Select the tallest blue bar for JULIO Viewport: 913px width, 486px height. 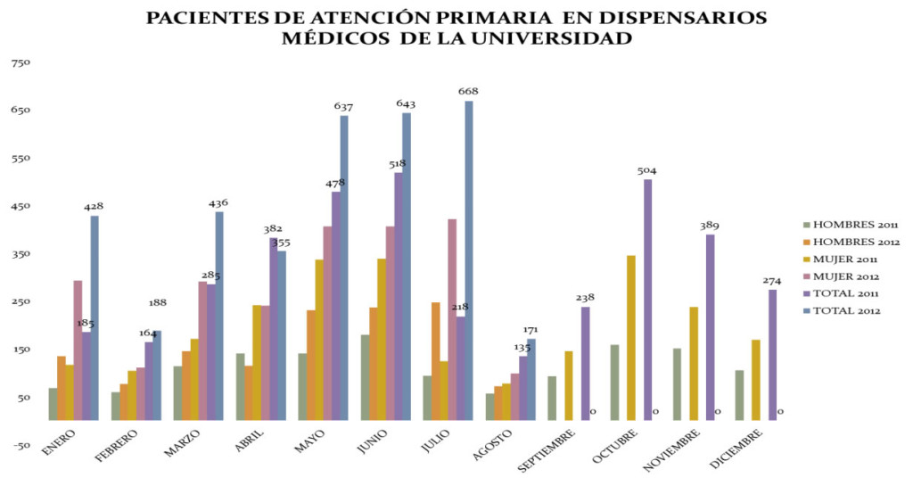coord(469,259)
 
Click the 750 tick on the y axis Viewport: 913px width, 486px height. coord(21,62)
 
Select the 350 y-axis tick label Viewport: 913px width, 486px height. coord(21,253)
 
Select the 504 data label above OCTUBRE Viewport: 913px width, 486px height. coord(647,170)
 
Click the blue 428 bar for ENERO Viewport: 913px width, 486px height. coord(95,317)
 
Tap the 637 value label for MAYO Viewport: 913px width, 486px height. coord(344,106)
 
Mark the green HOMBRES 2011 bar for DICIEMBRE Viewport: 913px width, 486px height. coord(738,394)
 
